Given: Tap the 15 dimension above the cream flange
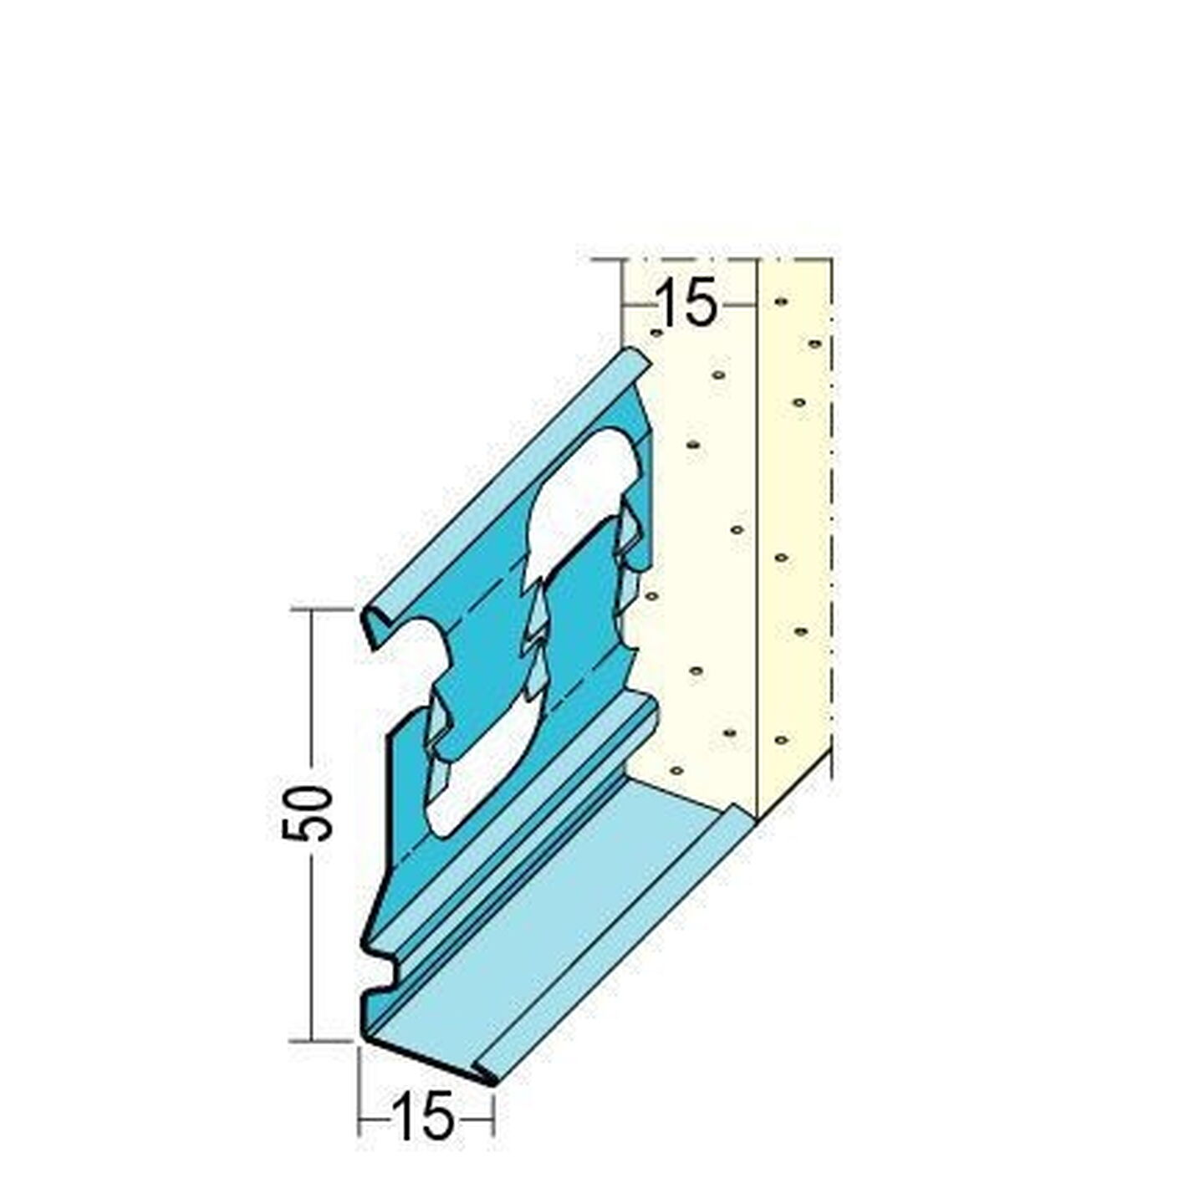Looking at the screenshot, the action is [x=686, y=304].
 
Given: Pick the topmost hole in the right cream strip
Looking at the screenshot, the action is [x=779, y=302].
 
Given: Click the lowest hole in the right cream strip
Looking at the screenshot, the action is [x=780, y=740].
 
